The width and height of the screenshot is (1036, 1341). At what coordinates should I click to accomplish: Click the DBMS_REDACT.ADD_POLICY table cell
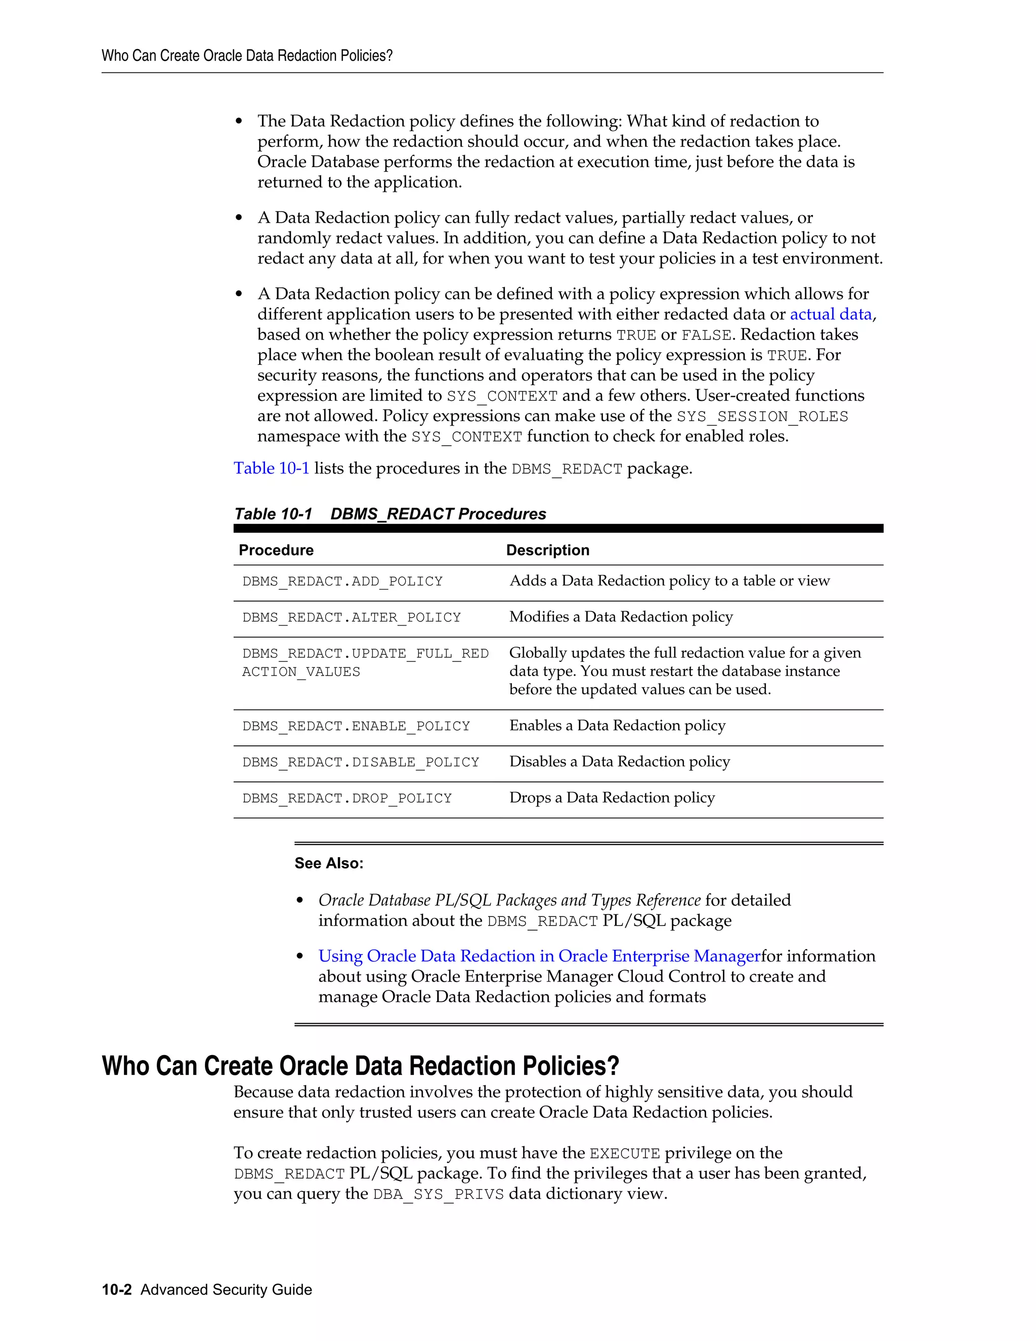[342, 581]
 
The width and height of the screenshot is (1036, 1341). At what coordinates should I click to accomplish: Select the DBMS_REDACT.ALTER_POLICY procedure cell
[351, 618]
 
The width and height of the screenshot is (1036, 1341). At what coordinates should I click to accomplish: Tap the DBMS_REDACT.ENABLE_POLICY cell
[356, 726]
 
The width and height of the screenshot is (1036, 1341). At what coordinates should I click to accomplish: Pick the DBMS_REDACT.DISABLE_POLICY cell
[360, 763]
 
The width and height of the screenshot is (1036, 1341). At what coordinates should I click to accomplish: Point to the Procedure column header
[276, 550]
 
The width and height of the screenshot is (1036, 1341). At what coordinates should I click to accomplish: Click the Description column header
[547, 550]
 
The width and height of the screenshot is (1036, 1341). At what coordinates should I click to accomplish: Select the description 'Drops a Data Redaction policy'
[612, 798]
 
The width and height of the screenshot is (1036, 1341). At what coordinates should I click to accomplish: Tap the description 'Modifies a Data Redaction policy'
[621, 617]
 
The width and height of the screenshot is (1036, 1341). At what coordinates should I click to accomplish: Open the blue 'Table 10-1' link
[271, 469]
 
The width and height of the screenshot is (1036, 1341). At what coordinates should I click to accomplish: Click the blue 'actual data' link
[831, 314]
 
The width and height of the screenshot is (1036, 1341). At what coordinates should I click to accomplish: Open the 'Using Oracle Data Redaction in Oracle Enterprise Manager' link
[539, 956]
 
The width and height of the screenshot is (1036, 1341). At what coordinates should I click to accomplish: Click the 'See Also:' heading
[329, 863]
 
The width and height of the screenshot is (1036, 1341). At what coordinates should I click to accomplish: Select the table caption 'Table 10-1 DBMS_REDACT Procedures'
[391, 514]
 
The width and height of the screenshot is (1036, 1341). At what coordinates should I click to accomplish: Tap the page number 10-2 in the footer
[117, 1289]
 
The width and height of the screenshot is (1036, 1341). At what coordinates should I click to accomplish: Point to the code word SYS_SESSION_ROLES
[762, 417]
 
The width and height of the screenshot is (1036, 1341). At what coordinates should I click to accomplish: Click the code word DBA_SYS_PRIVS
[438, 1194]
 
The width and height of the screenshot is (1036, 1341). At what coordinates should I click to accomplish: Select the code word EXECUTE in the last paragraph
[624, 1154]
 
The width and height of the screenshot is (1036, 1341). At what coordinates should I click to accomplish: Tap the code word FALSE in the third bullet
[706, 335]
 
